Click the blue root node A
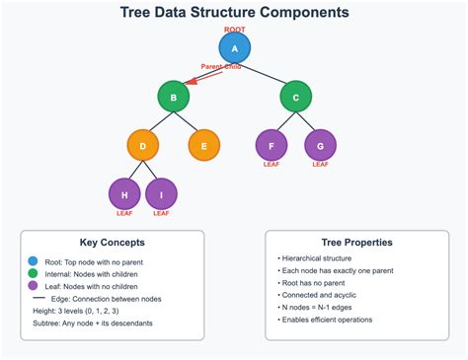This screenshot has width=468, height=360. (x=234, y=48)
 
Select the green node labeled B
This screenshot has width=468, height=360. (x=173, y=97)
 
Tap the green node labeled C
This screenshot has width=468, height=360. (x=295, y=97)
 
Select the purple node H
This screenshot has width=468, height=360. (x=124, y=193)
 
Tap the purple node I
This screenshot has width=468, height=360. (x=161, y=193)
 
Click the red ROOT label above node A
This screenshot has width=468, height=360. (x=234, y=30)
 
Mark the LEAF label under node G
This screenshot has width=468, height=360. (x=320, y=165)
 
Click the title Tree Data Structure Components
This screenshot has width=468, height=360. (x=234, y=13)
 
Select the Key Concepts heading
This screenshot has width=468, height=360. (x=112, y=242)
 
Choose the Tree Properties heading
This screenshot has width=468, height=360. (x=357, y=242)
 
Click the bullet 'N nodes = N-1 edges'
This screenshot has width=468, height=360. (x=318, y=307)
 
